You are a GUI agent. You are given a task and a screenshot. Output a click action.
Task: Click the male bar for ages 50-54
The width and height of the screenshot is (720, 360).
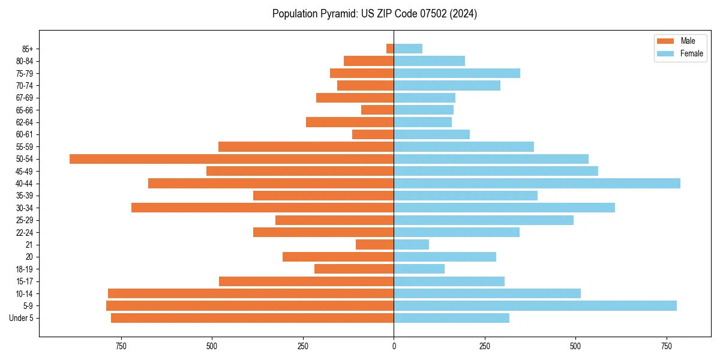pyautogui.click(x=232, y=159)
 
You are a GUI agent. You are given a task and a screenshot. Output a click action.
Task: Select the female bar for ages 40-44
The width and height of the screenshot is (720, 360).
pyautogui.click(x=537, y=184)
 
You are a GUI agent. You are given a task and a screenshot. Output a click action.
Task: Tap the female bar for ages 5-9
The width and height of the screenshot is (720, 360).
pyautogui.click(x=535, y=306)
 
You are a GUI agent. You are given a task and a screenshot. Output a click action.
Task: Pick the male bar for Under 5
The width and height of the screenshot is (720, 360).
pyautogui.click(x=253, y=318)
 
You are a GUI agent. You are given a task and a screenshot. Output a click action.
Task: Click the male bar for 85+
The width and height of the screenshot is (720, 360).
pyautogui.click(x=390, y=49)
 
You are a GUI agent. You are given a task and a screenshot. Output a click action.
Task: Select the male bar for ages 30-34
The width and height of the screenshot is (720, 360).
pyautogui.click(x=263, y=208)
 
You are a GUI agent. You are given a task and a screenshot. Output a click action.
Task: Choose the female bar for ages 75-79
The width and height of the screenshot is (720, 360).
pyautogui.click(x=457, y=73)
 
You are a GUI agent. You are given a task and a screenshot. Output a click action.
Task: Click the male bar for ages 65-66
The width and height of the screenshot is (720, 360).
pyautogui.click(x=377, y=110)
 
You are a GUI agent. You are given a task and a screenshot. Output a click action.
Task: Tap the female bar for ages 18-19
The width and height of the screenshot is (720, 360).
pyautogui.click(x=419, y=269)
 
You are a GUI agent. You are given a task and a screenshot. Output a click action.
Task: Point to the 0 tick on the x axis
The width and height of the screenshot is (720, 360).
pyautogui.click(x=394, y=346)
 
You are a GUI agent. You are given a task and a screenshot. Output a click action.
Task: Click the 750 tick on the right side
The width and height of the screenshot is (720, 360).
pyautogui.click(x=667, y=346)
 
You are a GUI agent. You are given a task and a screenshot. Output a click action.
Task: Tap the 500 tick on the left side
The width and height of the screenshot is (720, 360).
pyautogui.click(x=212, y=346)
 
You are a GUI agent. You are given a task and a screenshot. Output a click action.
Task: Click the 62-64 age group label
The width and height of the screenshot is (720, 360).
pyautogui.click(x=24, y=122)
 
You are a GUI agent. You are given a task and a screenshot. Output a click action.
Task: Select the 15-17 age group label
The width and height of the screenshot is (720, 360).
pyautogui.click(x=24, y=281)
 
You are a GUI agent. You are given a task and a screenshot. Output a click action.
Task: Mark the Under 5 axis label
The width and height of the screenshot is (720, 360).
pyautogui.click(x=21, y=318)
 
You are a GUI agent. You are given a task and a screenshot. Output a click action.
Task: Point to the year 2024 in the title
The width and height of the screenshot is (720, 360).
pyautogui.click(x=465, y=14)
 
